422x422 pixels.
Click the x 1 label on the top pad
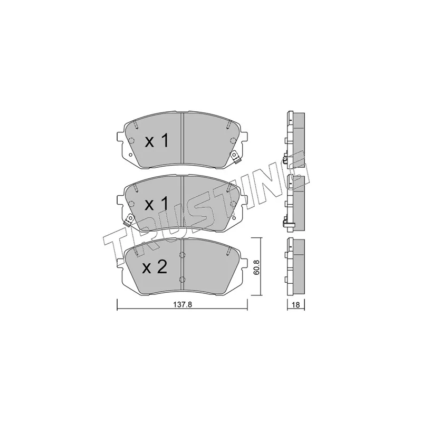tap(157, 141)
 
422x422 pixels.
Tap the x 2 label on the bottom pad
tap(155, 267)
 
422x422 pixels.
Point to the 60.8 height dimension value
tap(256, 267)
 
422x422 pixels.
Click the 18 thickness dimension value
tap(295, 305)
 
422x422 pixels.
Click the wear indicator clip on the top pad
tap(236, 157)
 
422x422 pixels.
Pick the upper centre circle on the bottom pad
tap(182, 255)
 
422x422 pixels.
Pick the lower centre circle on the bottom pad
tap(182, 279)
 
